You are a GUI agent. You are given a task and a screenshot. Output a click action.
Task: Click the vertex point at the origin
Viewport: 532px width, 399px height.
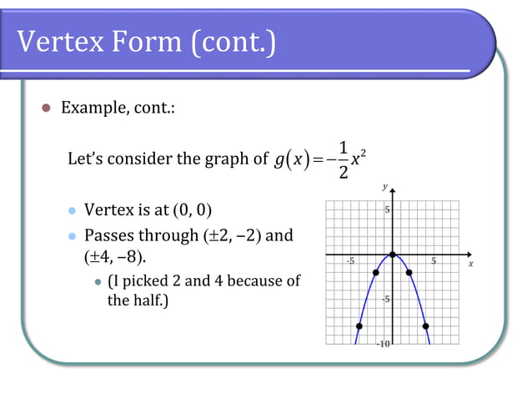tap(392, 255)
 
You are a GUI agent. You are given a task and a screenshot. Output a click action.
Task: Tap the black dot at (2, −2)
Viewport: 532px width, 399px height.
tap(409, 272)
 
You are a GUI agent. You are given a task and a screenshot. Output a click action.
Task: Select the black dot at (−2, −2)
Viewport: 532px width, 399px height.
tap(376, 272)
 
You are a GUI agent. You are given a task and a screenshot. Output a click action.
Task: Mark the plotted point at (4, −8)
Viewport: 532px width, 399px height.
tap(425, 326)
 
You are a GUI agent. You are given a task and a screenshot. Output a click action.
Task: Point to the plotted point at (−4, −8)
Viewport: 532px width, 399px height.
tap(359, 326)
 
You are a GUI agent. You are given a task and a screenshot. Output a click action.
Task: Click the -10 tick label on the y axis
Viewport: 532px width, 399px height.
tap(384, 343)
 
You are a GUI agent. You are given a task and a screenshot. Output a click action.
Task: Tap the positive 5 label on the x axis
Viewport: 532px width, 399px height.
tap(433, 261)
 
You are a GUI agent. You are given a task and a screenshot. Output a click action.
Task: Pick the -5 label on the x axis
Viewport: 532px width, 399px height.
tap(350, 261)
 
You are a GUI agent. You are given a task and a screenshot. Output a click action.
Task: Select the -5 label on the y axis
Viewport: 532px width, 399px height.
tap(385, 299)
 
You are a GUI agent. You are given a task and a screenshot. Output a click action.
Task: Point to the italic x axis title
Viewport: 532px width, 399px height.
tap(470, 263)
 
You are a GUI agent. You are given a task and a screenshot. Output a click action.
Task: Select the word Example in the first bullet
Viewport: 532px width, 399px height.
tap(92, 109)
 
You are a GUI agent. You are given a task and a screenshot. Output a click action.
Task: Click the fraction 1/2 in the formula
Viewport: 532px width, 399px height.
tap(344, 159)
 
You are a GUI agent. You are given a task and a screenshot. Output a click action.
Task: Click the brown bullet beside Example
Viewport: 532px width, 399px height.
tap(46, 109)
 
